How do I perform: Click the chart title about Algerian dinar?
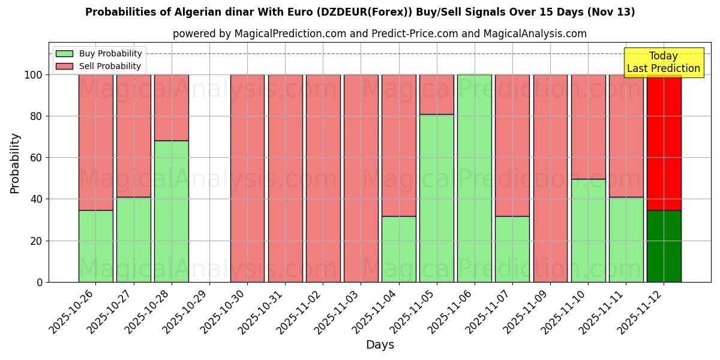[360, 12]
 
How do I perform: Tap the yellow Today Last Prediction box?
[663, 62]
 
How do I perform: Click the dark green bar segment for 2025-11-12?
[664, 246]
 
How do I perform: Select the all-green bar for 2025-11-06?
[474, 178]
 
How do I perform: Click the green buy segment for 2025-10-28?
[172, 211]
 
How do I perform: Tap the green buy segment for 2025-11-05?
[436, 198]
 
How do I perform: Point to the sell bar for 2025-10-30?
[247, 178]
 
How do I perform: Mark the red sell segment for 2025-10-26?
[96, 142]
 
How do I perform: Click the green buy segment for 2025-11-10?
[588, 230]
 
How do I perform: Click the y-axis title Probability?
[16, 163]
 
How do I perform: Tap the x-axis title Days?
[380, 345]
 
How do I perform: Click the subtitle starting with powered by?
[380, 34]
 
